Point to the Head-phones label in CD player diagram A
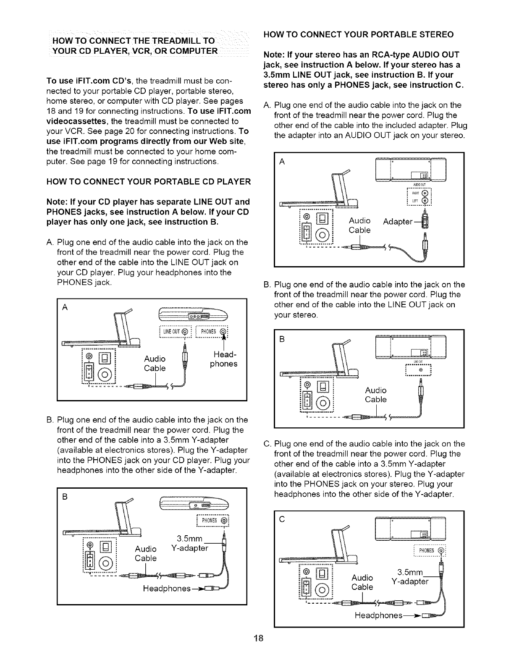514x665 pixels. (x=224, y=359)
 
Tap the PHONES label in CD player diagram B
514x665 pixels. (x=209, y=521)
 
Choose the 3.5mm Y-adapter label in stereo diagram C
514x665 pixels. (x=409, y=576)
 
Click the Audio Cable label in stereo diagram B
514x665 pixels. (x=376, y=395)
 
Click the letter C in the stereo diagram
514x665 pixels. (x=282, y=520)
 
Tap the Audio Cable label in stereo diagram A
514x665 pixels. (x=360, y=225)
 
